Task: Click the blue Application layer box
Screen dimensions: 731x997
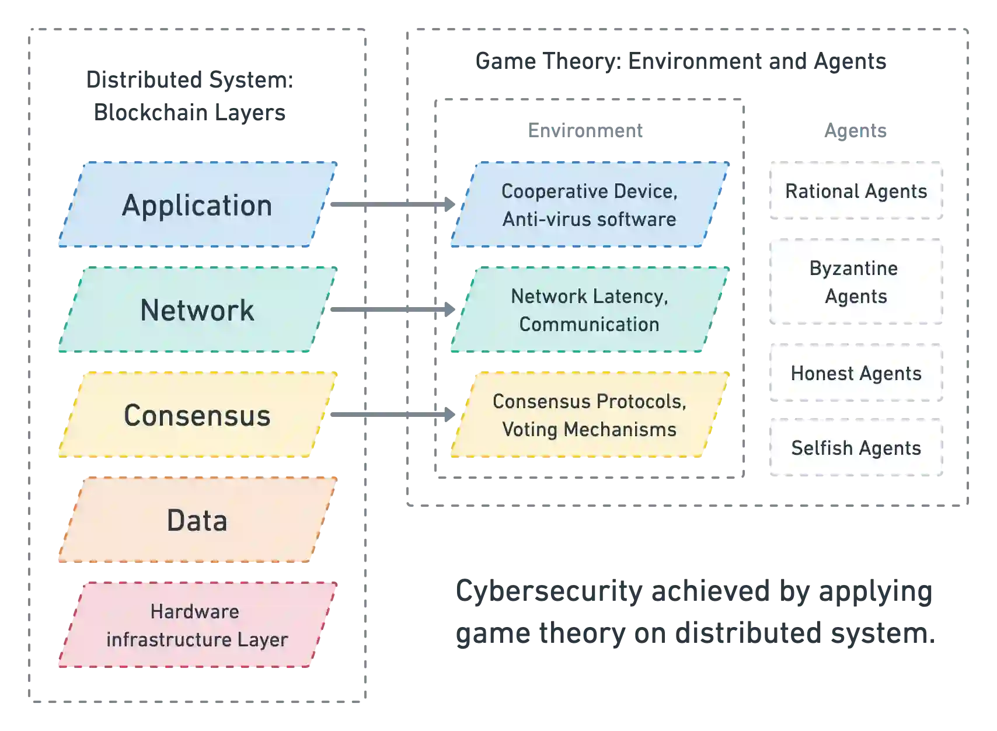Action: [197, 204]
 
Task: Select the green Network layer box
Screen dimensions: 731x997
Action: [197, 310]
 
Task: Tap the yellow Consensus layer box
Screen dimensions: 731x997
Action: [197, 415]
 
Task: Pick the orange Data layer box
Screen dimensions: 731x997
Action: [197, 520]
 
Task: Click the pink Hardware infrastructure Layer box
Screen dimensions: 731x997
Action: [197, 625]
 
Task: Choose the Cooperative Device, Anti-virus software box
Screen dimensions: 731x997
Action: [590, 204]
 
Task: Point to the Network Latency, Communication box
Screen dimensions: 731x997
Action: [590, 310]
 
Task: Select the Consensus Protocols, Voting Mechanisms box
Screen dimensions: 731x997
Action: [590, 415]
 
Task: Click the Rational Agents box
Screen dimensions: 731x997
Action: [855, 191]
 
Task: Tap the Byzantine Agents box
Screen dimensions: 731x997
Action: [855, 283]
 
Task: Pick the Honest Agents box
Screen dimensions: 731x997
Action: [855, 373]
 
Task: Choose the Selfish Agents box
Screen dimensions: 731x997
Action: [855, 447]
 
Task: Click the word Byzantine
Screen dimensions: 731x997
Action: [853, 269]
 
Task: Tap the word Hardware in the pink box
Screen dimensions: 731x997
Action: [194, 611]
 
